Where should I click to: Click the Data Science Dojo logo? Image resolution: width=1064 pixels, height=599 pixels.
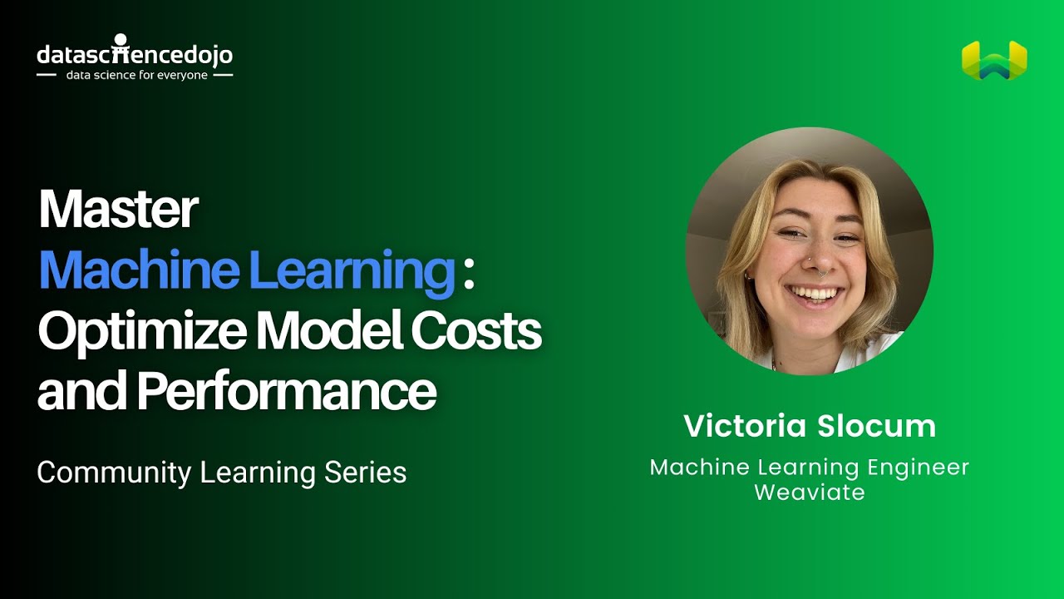[135, 56]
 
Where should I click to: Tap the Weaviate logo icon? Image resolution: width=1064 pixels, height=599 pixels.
[994, 61]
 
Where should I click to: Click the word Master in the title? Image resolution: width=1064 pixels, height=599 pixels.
[118, 210]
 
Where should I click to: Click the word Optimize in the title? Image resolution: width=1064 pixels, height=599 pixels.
[142, 331]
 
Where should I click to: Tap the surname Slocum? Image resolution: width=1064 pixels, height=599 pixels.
[876, 426]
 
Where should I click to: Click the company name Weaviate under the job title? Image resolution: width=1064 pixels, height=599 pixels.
[810, 492]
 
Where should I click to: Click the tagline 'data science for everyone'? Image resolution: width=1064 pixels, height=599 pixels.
[135, 75]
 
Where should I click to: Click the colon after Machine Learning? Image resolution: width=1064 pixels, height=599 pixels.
[469, 272]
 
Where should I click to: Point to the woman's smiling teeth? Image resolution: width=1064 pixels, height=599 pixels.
[814, 294]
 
